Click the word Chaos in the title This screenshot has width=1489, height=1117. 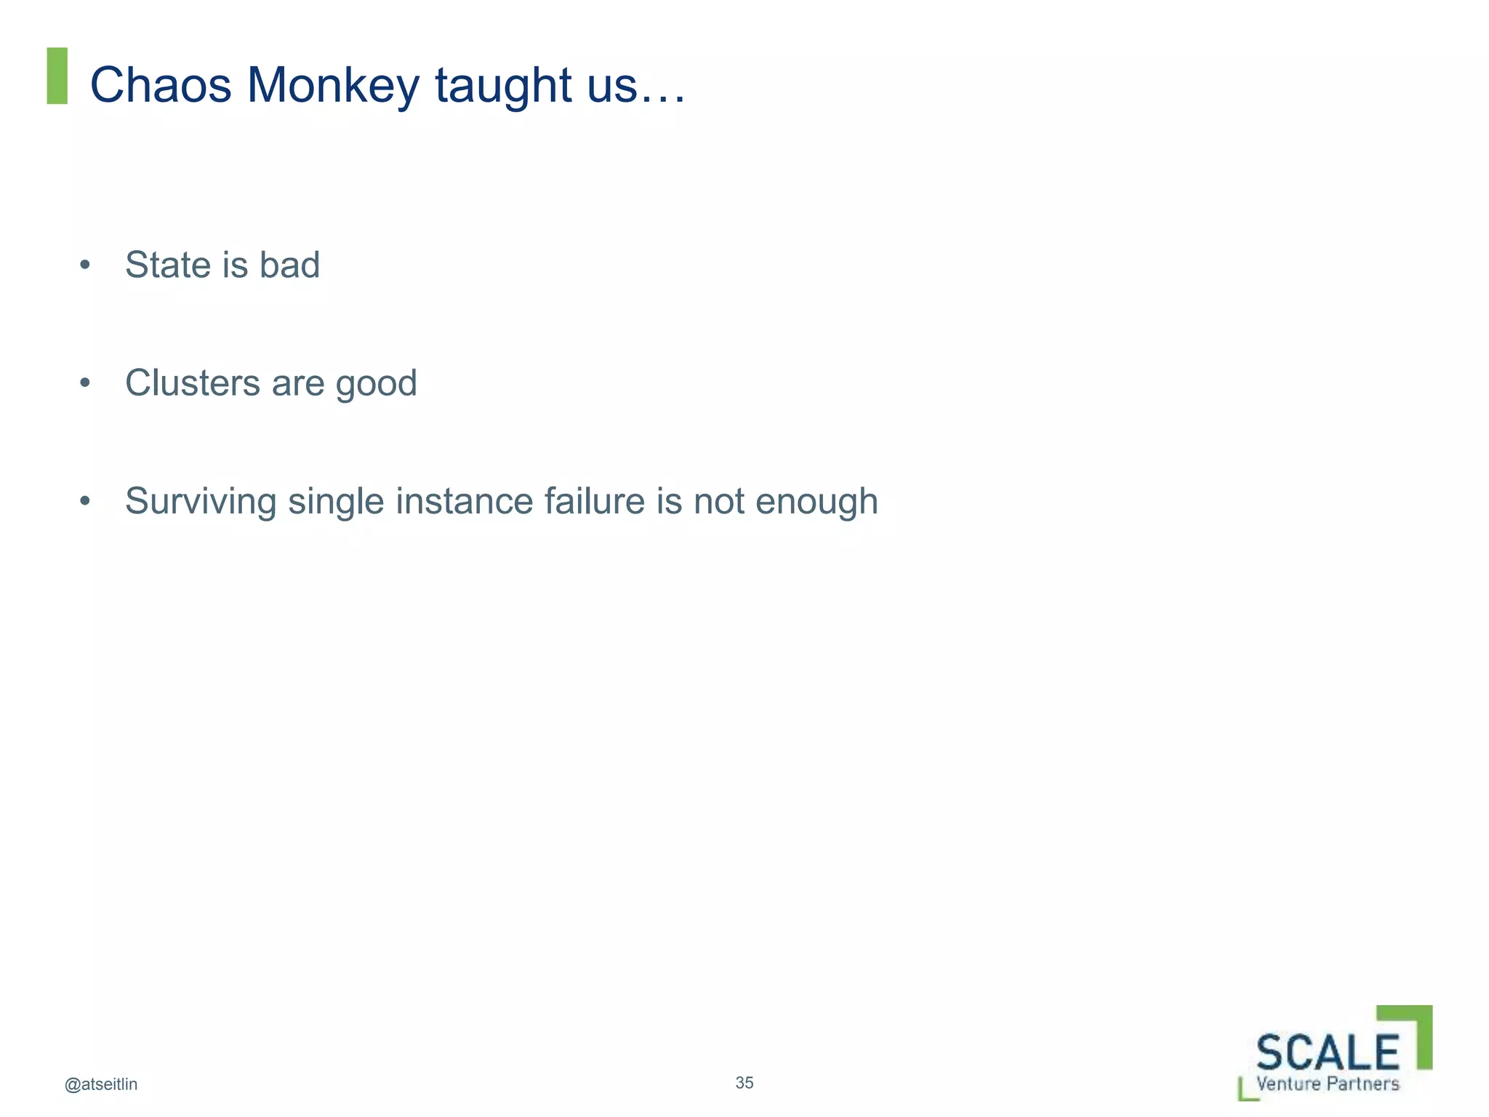coord(160,85)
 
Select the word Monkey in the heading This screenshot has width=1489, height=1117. coord(333,87)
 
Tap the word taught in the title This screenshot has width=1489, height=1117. coord(504,87)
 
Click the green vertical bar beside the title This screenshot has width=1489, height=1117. coord(57,76)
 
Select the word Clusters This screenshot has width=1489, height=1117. coord(193,383)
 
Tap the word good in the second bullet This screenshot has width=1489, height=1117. coord(376,384)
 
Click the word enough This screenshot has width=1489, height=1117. coord(816,503)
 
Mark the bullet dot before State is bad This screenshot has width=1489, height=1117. coord(85,265)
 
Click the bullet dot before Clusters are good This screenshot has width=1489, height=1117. coord(85,383)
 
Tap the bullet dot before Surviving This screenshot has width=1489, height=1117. coord(85,501)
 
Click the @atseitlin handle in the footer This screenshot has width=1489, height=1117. coord(101,1084)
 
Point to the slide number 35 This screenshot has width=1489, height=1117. coord(744,1083)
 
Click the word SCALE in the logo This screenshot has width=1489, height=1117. coord(1328,1052)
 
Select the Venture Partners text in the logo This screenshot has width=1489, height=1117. coord(1328,1084)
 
